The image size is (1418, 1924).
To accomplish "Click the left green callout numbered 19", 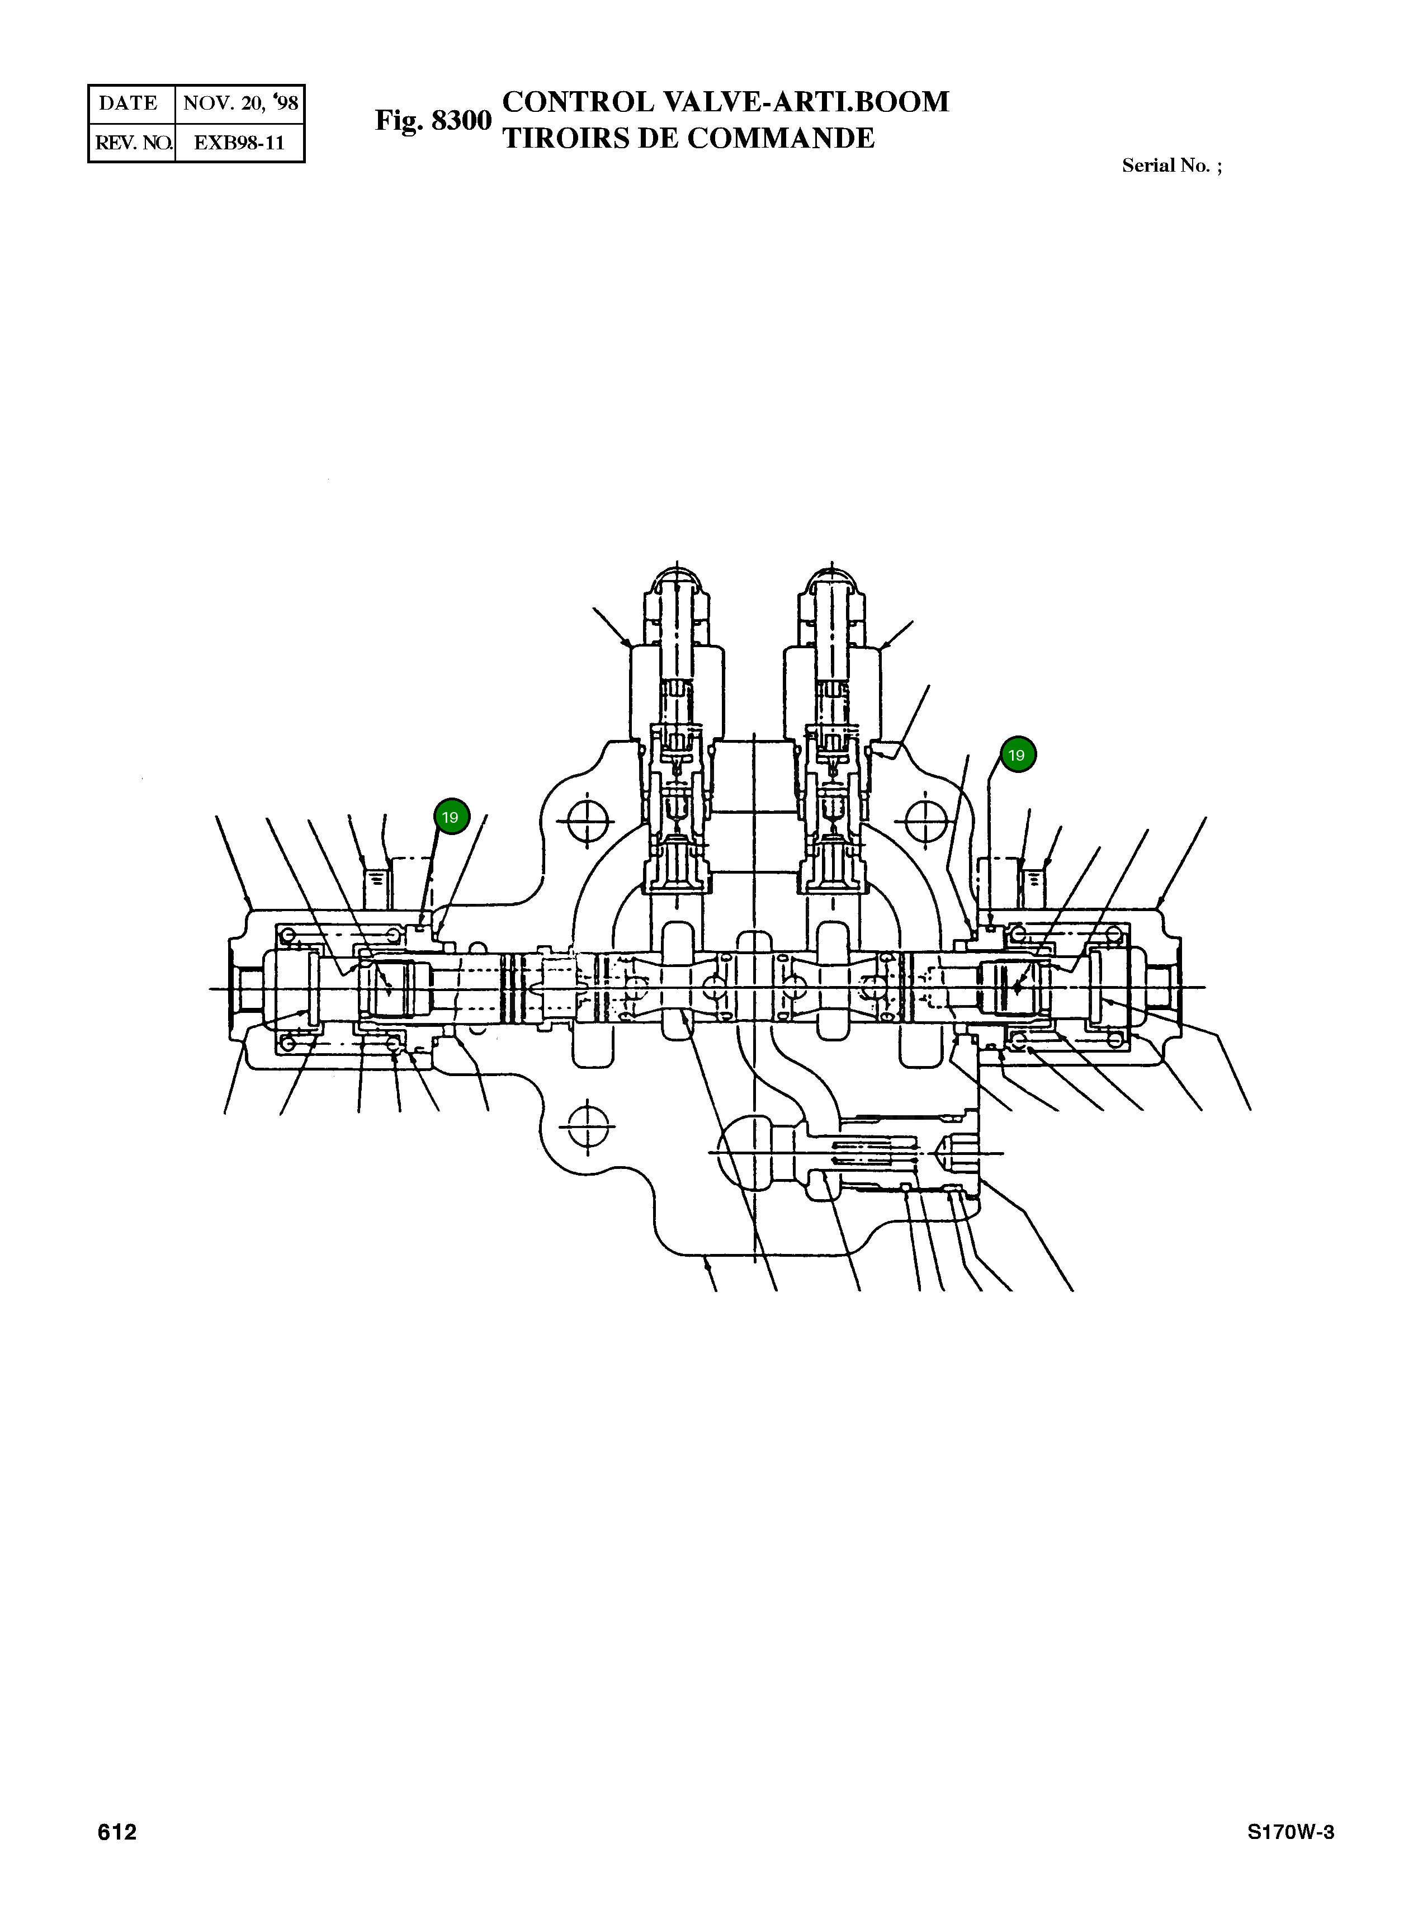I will (451, 817).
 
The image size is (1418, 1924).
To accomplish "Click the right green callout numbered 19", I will (1017, 756).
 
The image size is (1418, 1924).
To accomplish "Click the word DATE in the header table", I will (129, 104).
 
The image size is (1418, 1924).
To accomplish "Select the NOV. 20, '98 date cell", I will (240, 104).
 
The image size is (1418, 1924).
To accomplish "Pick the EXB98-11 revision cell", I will (239, 143).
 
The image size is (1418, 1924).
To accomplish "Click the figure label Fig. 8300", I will (433, 121).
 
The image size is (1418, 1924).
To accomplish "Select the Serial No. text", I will (1171, 166).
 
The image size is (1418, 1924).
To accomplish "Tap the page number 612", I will (117, 1833).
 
